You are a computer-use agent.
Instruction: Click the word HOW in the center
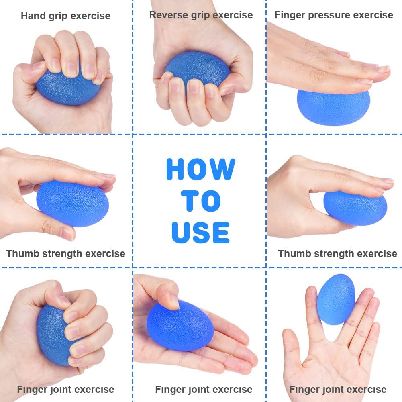coord(201,169)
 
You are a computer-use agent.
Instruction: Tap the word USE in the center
coord(200,233)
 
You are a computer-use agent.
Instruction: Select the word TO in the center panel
coord(201,201)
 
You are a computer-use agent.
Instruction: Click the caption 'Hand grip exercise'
coord(65,16)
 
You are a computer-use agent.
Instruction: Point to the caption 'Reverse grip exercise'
coord(201,15)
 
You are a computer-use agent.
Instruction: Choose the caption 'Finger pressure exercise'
coord(334,15)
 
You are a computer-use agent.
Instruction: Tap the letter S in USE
coord(200,233)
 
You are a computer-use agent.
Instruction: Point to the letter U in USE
coord(180,233)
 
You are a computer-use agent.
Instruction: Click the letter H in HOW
coord(175,169)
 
